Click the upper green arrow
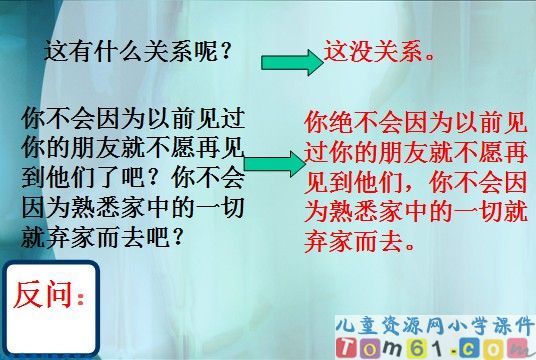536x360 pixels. pos(291,63)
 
